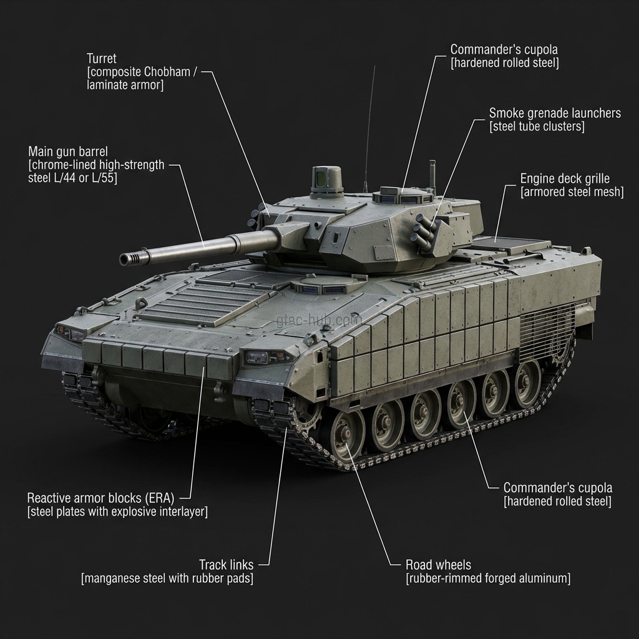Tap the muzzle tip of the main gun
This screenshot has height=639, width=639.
pos(127,258)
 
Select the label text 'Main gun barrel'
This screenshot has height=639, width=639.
pos(68,152)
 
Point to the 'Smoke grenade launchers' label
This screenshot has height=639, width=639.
pos(555,113)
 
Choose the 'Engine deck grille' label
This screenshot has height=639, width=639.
pos(565,179)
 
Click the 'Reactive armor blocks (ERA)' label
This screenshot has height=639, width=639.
pos(100,498)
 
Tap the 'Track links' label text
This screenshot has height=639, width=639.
pos(226,565)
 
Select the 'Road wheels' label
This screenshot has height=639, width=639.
pos(438,565)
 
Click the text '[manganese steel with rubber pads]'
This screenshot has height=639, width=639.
pos(167,579)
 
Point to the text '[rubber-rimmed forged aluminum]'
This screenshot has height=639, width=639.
pos(488,579)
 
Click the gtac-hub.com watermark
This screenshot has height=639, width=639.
pos(319,321)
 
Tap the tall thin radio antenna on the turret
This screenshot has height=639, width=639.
pos(369,125)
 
